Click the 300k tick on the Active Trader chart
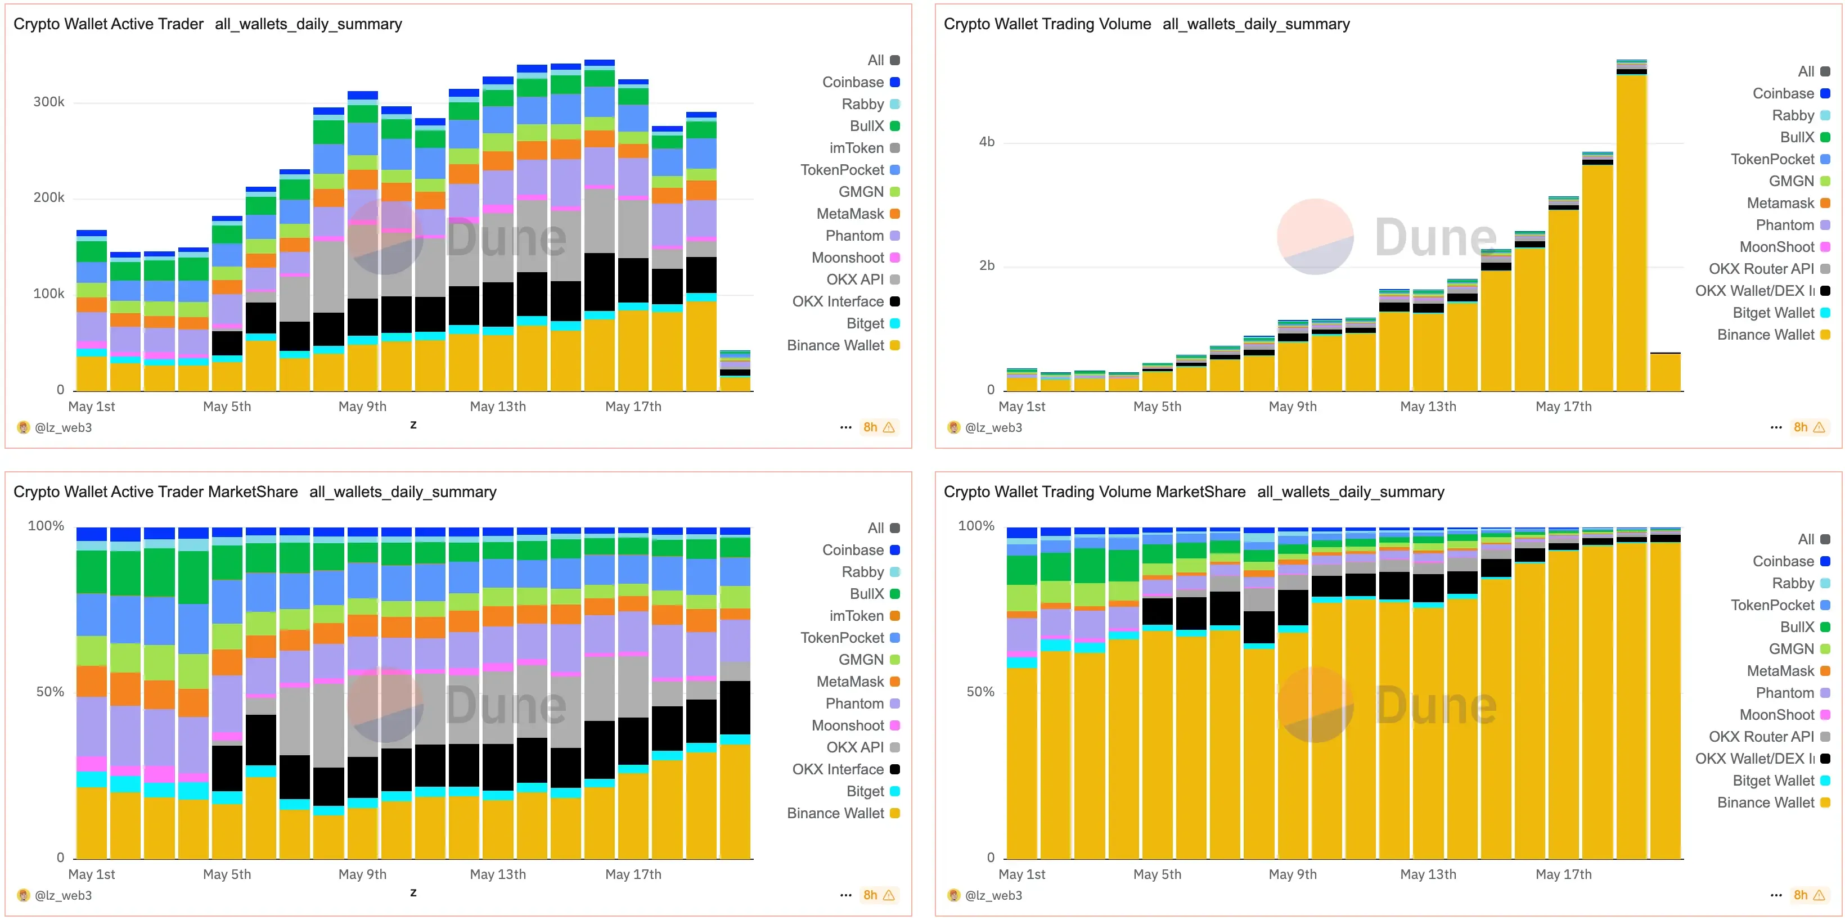[49, 102]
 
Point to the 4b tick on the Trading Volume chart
[986, 142]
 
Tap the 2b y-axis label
[986, 265]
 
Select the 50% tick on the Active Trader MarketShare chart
[50, 692]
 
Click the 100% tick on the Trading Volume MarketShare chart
[975, 525]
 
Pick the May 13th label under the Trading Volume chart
[1428, 407]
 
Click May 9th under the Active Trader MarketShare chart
[362, 874]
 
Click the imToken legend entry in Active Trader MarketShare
[856, 616]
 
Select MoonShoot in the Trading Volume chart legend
[1776, 247]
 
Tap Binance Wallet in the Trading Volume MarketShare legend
[1766, 802]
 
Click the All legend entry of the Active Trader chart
[875, 60]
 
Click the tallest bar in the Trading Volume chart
[1631, 229]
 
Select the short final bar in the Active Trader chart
[735, 372]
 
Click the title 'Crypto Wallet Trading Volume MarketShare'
[1093, 492]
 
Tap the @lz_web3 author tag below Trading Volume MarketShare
[993, 895]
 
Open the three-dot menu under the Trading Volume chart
[1775, 427]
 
